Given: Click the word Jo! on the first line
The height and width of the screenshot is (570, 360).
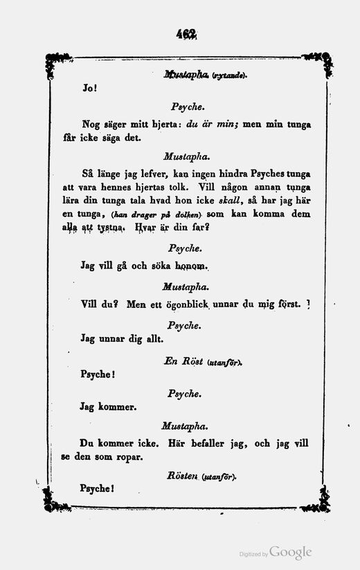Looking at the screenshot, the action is coord(90,89).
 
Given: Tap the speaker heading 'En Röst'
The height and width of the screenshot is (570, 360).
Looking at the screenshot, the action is coord(181,361).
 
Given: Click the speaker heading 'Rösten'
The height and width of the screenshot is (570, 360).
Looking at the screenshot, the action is coord(183,476).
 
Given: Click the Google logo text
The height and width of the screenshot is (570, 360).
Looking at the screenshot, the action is coord(290,552).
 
